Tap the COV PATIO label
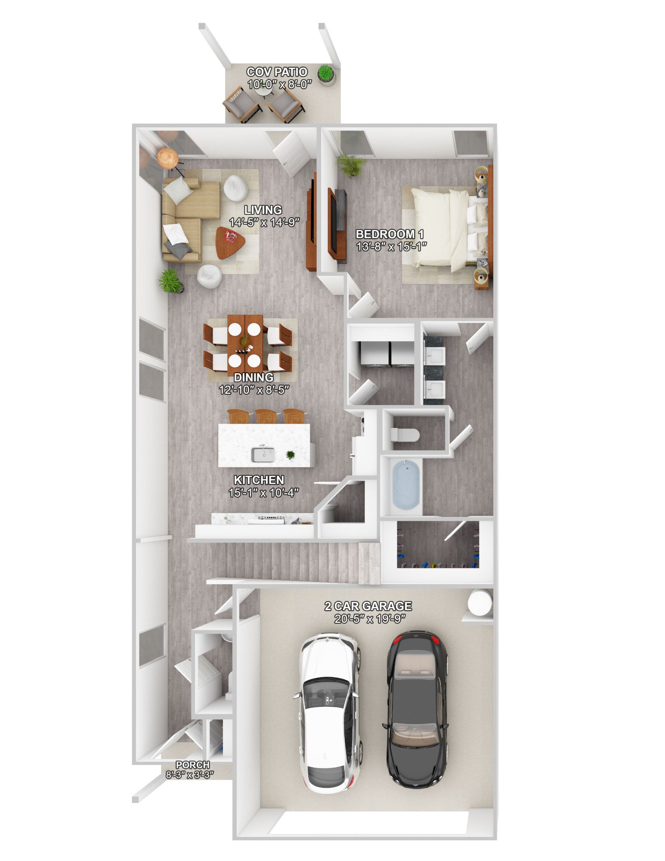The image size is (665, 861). coord(277,72)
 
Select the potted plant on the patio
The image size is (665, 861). coord(325,74)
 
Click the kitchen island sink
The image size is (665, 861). coord(263,454)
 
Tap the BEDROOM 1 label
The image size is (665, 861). coord(390,235)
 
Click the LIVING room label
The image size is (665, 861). coord(263,210)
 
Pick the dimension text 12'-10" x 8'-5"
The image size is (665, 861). coord(254,390)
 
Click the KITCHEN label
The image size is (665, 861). coord(259,480)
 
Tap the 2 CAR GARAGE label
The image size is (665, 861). coord(368,606)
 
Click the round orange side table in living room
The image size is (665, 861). coord(167,158)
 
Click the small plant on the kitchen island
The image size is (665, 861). coord(291,455)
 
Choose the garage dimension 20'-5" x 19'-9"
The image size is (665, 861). coord(370,619)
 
